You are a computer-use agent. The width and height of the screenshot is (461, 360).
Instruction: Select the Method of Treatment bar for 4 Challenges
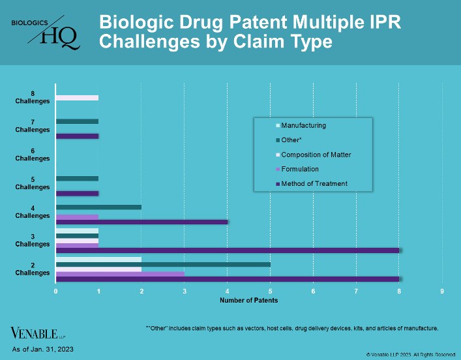click(x=141, y=222)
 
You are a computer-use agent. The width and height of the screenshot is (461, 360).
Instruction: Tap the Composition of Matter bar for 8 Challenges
click(x=77, y=98)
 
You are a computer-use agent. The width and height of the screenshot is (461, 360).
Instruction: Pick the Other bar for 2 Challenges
click(x=163, y=265)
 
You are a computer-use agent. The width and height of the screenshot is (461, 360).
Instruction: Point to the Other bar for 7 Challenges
click(x=77, y=121)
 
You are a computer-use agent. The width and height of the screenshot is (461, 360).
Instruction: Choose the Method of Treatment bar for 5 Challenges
click(x=77, y=194)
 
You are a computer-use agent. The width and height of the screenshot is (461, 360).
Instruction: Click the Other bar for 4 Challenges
click(x=98, y=207)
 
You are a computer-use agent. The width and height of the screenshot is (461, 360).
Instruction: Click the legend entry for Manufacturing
click(x=303, y=125)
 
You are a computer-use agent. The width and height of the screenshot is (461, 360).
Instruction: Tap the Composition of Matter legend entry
click(x=316, y=155)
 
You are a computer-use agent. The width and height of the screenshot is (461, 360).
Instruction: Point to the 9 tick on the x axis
click(x=442, y=290)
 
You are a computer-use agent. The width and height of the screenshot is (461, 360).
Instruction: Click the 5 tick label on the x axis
click(x=270, y=290)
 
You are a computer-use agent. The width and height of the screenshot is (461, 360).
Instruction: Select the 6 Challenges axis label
click(x=33, y=155)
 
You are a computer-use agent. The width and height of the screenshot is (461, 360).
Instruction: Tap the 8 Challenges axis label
click(x=33, y=97)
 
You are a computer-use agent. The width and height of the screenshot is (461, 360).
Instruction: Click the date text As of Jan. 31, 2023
click(x=43, y=350)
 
